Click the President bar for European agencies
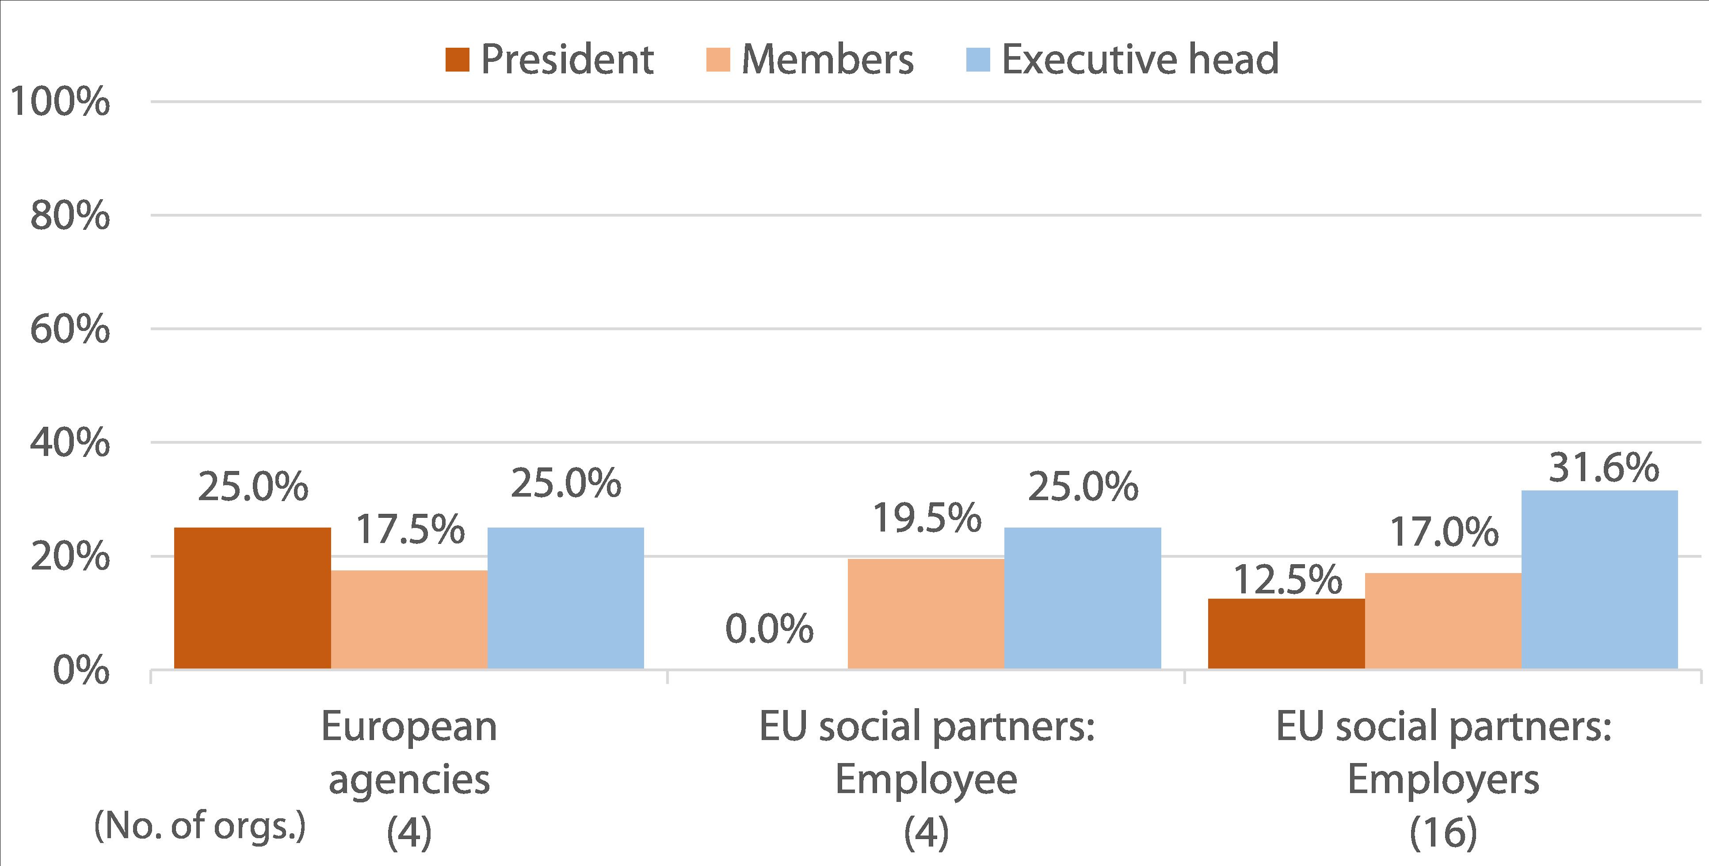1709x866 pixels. [252, 598]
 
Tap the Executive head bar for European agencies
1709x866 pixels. [565, 598]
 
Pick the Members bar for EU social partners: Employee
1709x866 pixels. [926, 614]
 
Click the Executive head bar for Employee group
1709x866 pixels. [1083, 598]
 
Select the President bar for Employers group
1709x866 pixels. [1286, 634]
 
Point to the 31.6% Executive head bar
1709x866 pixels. [1599, 580]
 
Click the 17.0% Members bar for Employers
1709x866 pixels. [1443, 621]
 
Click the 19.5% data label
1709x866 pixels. [926, 518]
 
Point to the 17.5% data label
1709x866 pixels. [410, 530]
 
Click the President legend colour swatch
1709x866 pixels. [457, 60]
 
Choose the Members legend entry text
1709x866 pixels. [827, 60]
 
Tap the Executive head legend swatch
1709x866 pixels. [978, 60]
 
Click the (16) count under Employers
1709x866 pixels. [1443, 833]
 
